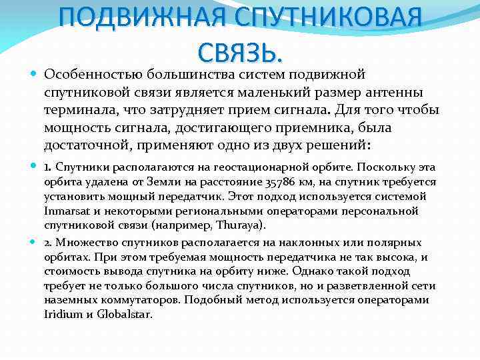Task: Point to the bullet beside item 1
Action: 35,167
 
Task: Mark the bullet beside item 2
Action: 35,242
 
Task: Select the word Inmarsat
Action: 65,211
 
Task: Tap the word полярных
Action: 399,242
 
